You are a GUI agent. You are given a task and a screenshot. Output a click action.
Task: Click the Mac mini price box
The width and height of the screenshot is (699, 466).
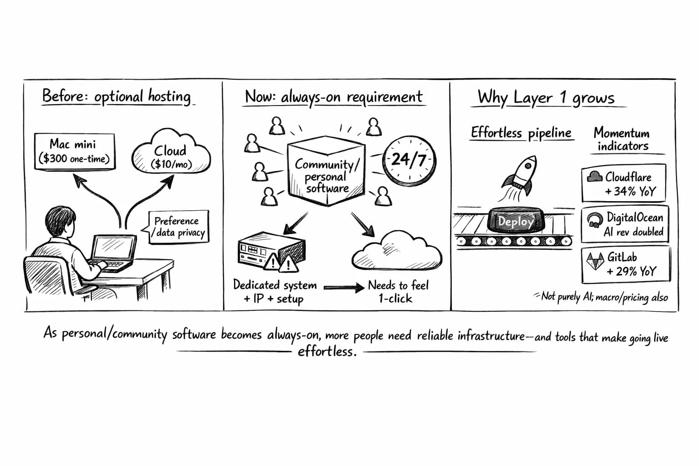coord(75,152)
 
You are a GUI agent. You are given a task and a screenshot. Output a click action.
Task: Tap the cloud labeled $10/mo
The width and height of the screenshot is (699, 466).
coord(171,153)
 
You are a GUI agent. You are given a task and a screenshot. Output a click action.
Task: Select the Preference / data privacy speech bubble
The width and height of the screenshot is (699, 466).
coord(179,227)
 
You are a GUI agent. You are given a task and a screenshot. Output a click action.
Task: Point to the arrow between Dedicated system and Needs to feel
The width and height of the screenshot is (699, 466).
coord(344,287)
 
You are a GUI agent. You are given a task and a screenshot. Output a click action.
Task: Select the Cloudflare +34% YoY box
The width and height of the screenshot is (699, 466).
coord(623,183)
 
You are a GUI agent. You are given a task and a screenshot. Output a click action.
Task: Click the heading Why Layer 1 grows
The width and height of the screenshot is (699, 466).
coord(546,97)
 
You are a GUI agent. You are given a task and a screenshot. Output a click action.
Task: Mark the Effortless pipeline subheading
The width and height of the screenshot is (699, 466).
coord(521,133)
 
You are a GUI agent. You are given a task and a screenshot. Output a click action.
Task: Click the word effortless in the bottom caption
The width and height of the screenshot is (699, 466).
coord(327,352)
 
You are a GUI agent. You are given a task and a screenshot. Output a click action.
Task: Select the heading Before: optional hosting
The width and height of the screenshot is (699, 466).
coord(116,96)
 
